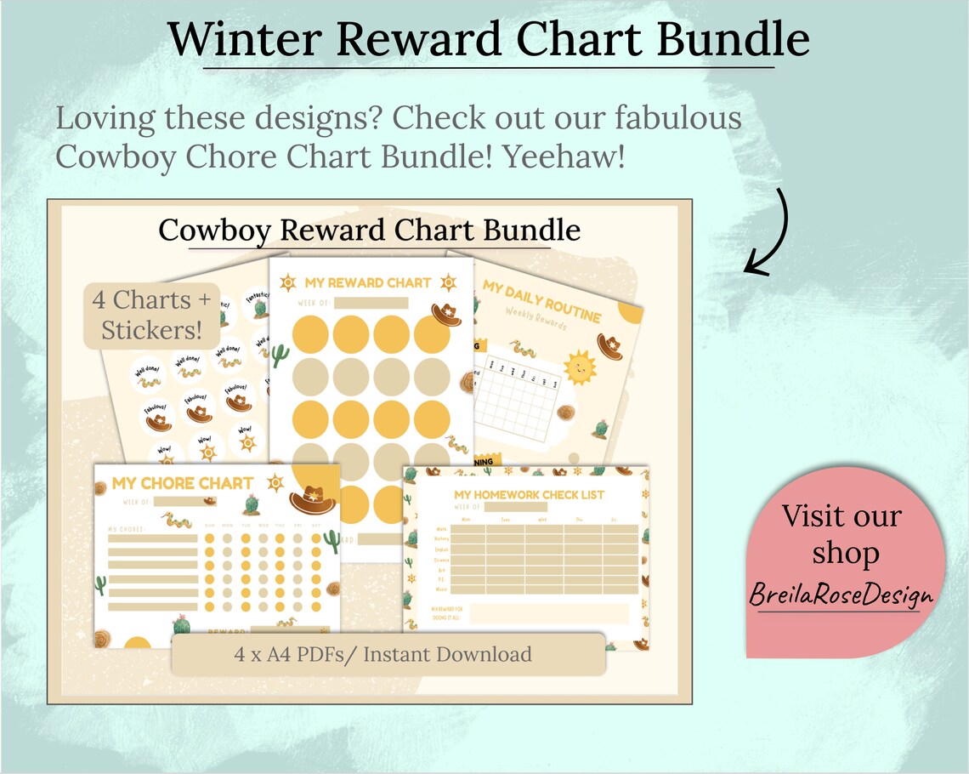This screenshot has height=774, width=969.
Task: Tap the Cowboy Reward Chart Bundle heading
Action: [370, 230]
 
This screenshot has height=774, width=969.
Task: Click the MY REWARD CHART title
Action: [368, 282]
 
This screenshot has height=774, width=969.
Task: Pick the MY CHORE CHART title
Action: [183, 483]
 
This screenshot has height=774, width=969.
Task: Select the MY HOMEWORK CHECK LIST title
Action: [529, 495]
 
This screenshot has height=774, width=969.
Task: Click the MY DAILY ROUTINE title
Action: [541, 301]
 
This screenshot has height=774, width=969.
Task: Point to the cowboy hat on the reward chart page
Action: [446, 314]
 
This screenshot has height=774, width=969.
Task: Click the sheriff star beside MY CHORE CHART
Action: [275, 482]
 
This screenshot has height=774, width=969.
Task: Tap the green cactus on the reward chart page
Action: [280, 355]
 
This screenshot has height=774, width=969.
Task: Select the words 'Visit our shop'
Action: [841, 534]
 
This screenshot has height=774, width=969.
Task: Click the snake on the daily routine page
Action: [522, 349]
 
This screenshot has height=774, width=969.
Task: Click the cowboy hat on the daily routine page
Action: [609, 345]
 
